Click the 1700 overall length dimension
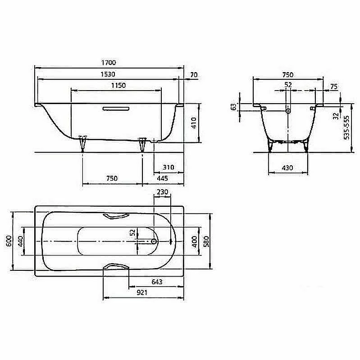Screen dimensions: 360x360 109,63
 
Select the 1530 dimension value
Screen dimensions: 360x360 108,74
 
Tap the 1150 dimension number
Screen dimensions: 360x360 118,86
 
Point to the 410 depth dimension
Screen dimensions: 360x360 194,123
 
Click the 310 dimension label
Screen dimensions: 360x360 169,167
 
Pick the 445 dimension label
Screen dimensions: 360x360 162,178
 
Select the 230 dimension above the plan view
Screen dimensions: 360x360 162,192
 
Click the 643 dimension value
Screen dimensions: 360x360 157,282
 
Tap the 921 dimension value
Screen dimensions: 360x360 142,292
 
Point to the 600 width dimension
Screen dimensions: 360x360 9,241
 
